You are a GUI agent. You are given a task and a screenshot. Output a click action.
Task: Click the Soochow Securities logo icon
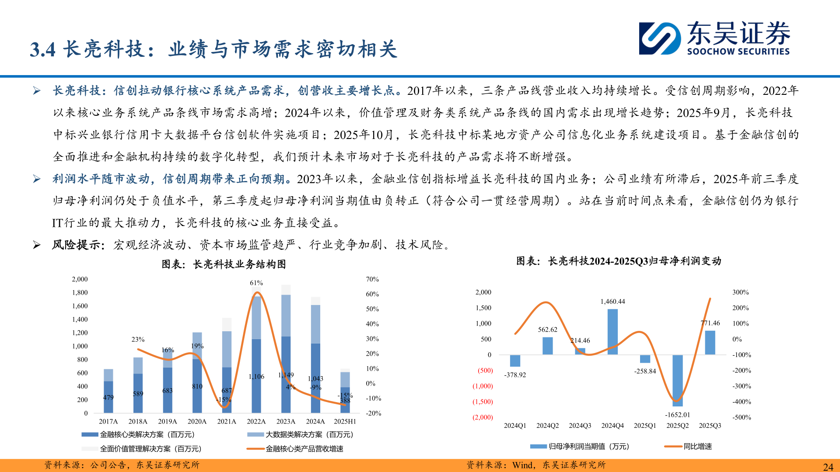[x=659, y=38]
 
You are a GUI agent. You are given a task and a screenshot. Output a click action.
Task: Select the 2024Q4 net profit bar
[x=612, y=332]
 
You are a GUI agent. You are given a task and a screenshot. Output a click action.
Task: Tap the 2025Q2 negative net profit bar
[x=677, y=380]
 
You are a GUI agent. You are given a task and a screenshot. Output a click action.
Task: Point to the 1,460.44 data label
[x=612, y=302]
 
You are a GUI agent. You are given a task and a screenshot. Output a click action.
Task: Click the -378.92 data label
[x=515, y=375]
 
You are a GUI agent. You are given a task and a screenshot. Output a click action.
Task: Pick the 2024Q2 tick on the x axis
[x=547, y=426]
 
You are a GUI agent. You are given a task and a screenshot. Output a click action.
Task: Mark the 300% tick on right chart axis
[x=740, y=292]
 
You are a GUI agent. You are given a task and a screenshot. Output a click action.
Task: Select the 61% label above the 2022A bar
[x=256, y=283]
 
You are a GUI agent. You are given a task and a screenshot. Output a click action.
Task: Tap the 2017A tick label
[x=108, y=422]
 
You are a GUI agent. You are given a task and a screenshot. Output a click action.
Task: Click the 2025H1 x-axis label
[x=345, y=422]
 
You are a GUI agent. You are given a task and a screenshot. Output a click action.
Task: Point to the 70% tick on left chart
[x=372, y=279]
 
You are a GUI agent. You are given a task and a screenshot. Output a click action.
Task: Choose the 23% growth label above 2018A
[x=138, y=340]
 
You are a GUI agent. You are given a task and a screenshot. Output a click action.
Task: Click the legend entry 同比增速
[x=697, y=447]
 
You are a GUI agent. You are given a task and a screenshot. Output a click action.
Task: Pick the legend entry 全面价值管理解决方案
[x=150, y=449]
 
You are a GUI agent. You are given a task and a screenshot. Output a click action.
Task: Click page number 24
[x=828, y=467]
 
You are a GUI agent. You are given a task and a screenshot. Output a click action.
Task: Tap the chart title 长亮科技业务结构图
[x=239, y=264]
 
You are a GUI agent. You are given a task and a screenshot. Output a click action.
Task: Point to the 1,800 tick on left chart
[x=80, y=293]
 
